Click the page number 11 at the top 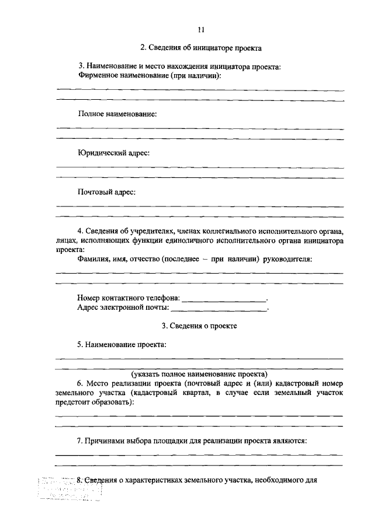click(201, 30)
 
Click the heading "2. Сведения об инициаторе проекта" click(200, 48)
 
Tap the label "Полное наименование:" click(117, 114)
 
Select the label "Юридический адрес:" click(113, 153)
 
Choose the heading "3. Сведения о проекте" click(199, 326)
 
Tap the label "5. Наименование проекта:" click(122, 344)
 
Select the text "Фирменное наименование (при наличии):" click(150, 76)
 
